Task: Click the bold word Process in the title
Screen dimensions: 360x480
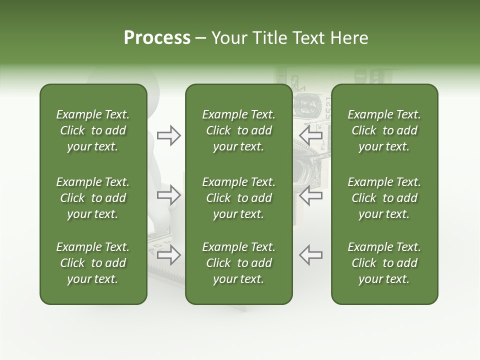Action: pyautogui.click(x=157, y=38)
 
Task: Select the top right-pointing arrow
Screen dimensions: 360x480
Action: pyautogui.click(x=168, y=135)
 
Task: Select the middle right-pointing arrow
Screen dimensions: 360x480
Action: pyautogui.click(x=168, y=195)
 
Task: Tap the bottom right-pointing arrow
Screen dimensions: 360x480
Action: pyautogui.click(x=168, y=254)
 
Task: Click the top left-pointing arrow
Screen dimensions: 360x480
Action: pyautogui.click(x=311, y=135)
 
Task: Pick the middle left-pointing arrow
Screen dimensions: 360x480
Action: pyautogui.click(x=311, y=195)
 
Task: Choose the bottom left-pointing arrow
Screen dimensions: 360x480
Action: pyautogui.click(x=311, y=254)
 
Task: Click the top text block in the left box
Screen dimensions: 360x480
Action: pyautogui.click(x=93, y=130)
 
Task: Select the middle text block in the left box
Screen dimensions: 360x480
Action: pyautogui.click(x=93, y=198)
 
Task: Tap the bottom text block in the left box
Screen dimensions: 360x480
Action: pyautogui.click(x=93, y=263)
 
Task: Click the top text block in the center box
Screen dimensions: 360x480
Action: pyautogui.click(x=238, y=130)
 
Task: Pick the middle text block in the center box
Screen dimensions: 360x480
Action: pyautogui.click(x=238, y=198)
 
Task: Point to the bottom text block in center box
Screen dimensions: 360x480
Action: pyautogui.click(x=238, y=263)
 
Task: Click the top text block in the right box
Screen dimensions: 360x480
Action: pyautogui.click(x=384, y=130)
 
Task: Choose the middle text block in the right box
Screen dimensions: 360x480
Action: pyautogui.click(x=384, y=198)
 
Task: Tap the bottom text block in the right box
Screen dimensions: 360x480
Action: pyautogui.click(x=384, y=263)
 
